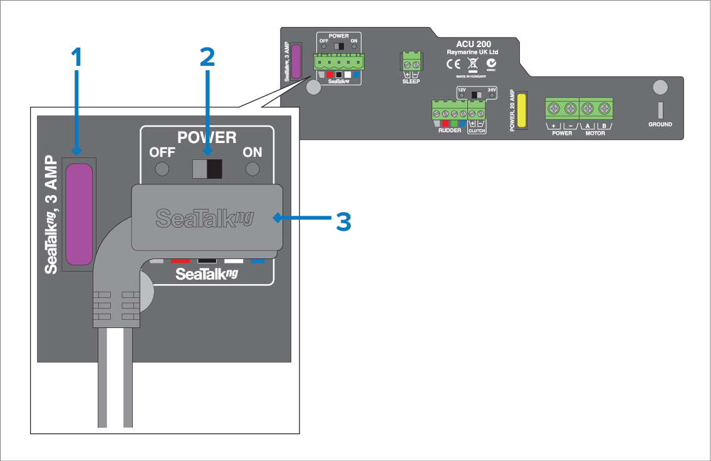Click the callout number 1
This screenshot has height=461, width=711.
[x=76, y=58]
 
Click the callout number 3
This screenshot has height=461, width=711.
[x=343, y=221]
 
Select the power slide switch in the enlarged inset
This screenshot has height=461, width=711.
[x=207, y=168]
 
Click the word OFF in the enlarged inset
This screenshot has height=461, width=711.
[x=162, y=152]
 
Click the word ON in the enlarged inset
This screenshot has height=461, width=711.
[x=252, y=152]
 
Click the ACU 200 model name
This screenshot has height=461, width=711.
[x=474, y=45]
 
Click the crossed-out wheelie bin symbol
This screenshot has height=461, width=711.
[x=473, y=64]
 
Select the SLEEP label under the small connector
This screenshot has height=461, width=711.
[x=411, y=82]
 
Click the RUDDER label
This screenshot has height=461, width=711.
[x=450, y=130]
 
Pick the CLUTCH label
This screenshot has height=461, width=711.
[x=477, y=130]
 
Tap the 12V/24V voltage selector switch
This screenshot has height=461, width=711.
[x=477, y=94]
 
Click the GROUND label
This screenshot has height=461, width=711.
[x=660, y=124]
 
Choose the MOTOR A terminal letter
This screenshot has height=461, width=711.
[x=588, y=126]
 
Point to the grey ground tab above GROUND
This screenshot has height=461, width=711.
[x=660, y=108]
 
